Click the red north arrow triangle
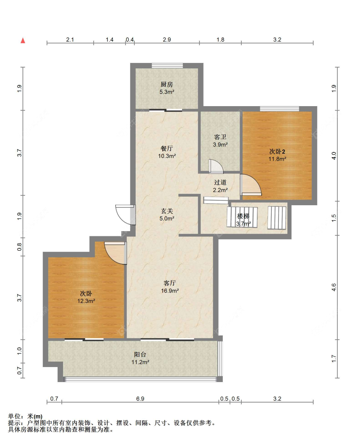pyautogui.click(x=23, y=41)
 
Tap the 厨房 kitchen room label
pyautogui.click(x=167, y=84)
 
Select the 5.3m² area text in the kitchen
pyautogui.click(x=167, y=92)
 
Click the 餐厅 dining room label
pyautogui.click(x=167, y=149)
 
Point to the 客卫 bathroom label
pyautogui.click(x=220, y=137)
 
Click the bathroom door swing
pyautogui.click(x=216, y=167)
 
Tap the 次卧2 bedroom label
pyautogui.click(x=277, y=152)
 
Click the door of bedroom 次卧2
pyautogui.click(x=251, y=185)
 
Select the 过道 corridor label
pyautogui.click(x=220, y=183)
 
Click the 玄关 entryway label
pyautogui.click(x=167, y=211)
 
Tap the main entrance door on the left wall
pyautogui.click(x=125, y=215)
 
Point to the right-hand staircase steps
pyautogui.click(x=276, y=218)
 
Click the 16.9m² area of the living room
pyautogui.click(x=170, y=291)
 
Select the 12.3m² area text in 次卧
pyautogui.click(x=86, y=301)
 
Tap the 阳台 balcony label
pyautogui.click(x=140, y=354)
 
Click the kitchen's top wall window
pyautogui.click(x=167, y=66)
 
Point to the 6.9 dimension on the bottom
pyautogui.click(x=140, y=399)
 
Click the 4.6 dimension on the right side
pyautogui.click(x=334, y=287)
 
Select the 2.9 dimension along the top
pyautogui.click(x=167, y=40)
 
